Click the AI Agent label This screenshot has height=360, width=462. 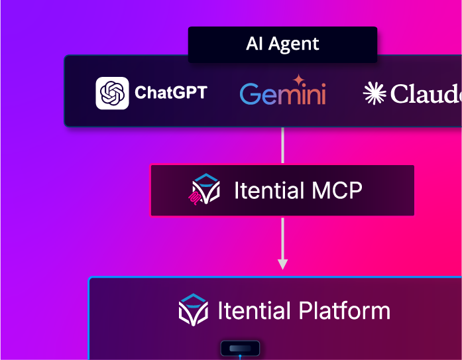(x=282, y=44)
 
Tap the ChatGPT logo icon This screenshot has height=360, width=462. (x=112, y=93)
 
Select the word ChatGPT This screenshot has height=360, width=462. (x=170, y=92)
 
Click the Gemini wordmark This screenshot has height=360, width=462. (x=283, y=94)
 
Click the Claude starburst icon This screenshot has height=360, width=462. (x=375, y=93)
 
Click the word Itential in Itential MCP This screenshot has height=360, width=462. (x=268, y=191)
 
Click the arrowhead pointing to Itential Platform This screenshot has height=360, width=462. (x=282, y=264)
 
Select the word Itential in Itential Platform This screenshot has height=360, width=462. (x=254, y=310)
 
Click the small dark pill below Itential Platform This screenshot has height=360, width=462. (x=239, y=348)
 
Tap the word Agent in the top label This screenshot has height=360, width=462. (x=296, y=44)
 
